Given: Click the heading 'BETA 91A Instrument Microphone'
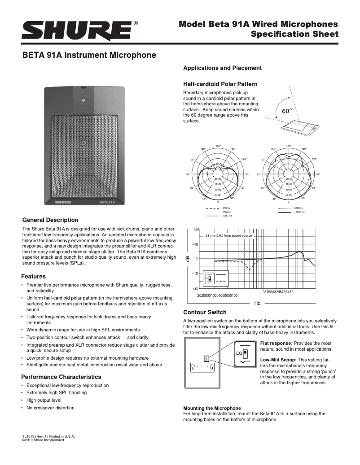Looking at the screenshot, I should point(89,56).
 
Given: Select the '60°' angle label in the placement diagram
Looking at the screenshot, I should point(286,110).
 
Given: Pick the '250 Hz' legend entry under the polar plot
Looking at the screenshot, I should point(226,209).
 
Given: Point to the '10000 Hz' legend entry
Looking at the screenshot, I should point(299,212).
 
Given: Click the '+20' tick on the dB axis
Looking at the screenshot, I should point(195,229).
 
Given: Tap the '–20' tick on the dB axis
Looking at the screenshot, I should point(195,288).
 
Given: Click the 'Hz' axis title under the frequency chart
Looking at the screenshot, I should point(257,304).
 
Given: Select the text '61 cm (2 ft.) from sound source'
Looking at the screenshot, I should point(228,235).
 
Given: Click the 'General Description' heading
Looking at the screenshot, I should point(50,220).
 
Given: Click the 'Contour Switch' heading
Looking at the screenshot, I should point(205,312).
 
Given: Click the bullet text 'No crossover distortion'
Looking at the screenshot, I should point(50,408).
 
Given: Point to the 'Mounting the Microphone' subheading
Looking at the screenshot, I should point(212,408).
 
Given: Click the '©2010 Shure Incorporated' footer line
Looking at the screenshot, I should point(43,440).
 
